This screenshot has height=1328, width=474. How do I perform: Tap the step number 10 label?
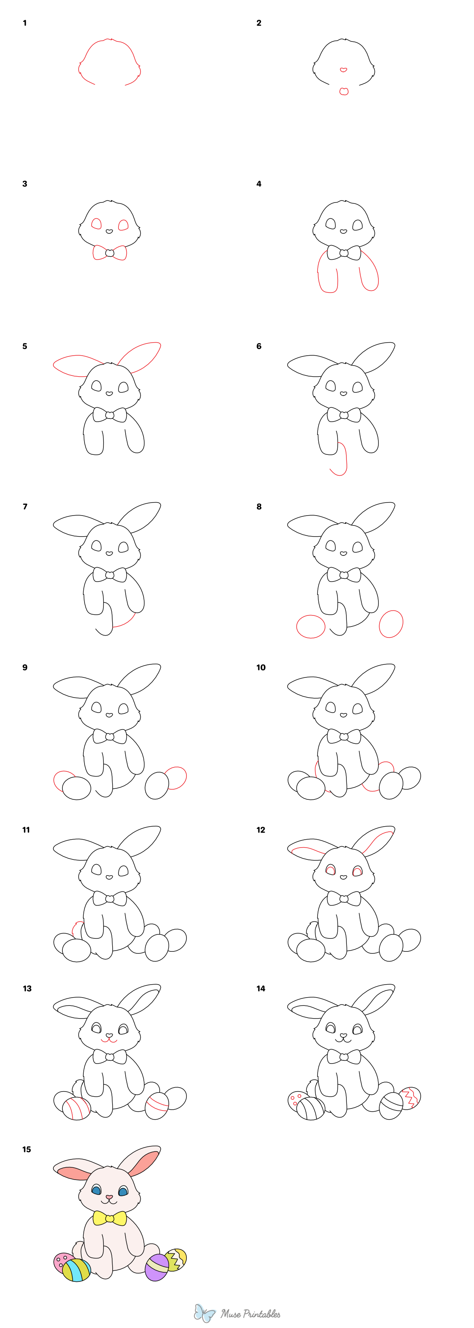click(261, 667)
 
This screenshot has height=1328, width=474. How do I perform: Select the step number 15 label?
click(26, 1149)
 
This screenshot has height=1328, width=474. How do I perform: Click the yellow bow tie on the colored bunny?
click(109, 1218)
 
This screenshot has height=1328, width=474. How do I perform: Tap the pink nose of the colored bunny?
click(109, 1197)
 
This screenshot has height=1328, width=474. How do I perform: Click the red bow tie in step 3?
click(109, 253)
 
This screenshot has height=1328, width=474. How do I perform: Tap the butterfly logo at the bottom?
click(204, 1313)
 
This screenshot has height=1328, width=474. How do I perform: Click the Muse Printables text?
click(251, 1313)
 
